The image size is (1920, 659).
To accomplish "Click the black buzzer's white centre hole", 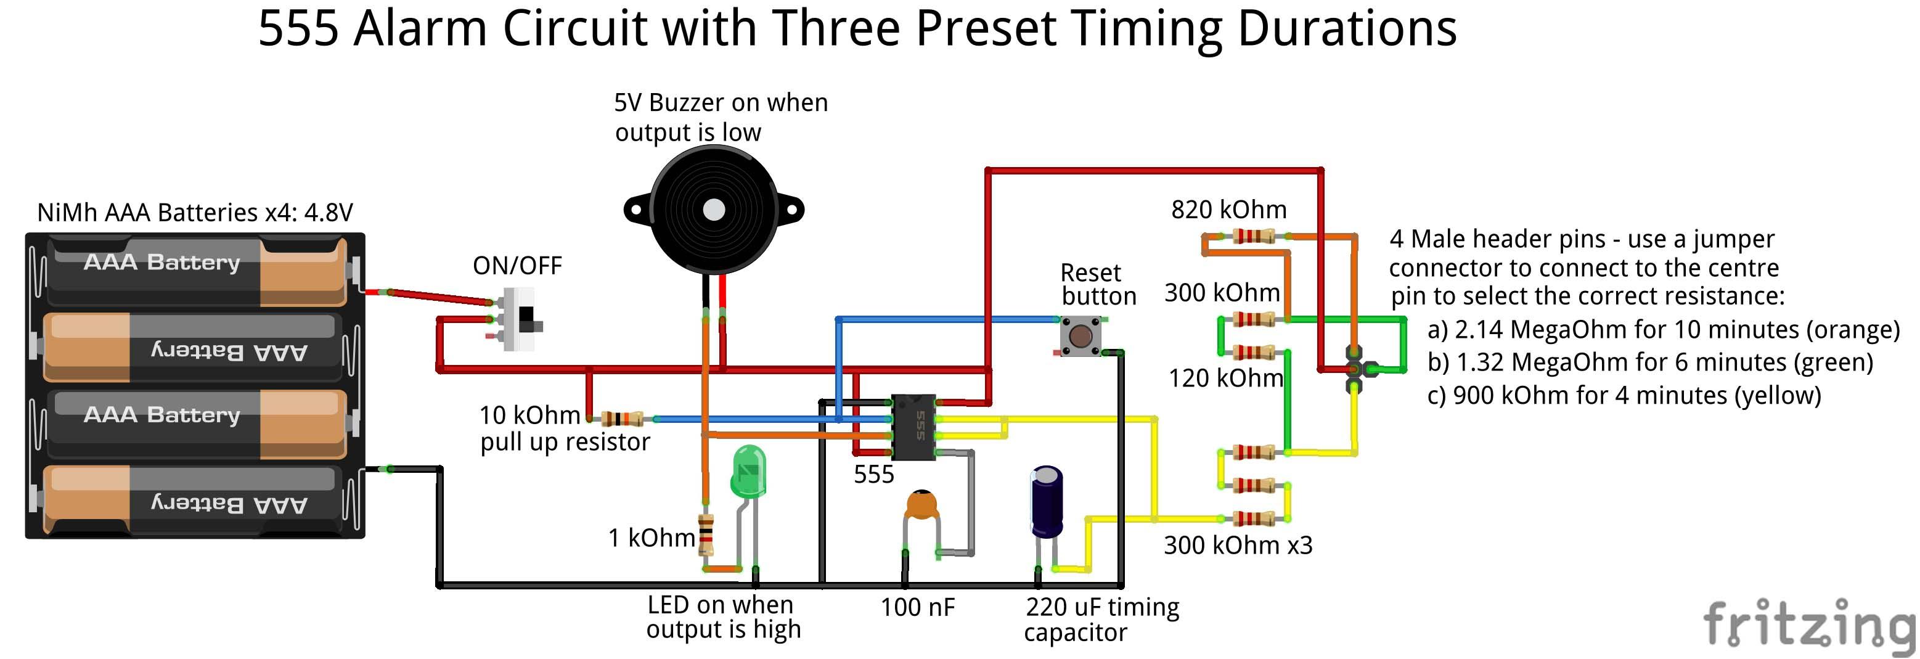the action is click(714, 210).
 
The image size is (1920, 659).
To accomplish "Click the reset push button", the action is click(1081, 335).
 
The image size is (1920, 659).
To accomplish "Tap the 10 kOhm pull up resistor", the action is click(623, 418).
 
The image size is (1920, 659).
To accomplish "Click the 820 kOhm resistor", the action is click(1254, 236).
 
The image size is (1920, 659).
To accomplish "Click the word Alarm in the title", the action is click(420, 29).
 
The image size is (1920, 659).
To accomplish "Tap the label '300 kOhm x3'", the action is click(1238, 545).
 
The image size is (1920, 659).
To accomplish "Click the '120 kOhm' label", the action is click(1225, 378).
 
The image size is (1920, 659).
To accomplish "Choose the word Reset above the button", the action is click(1090, 273).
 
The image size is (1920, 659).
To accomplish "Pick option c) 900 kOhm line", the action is click(1624, 395).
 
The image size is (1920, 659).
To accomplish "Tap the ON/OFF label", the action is click(517, 266).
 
